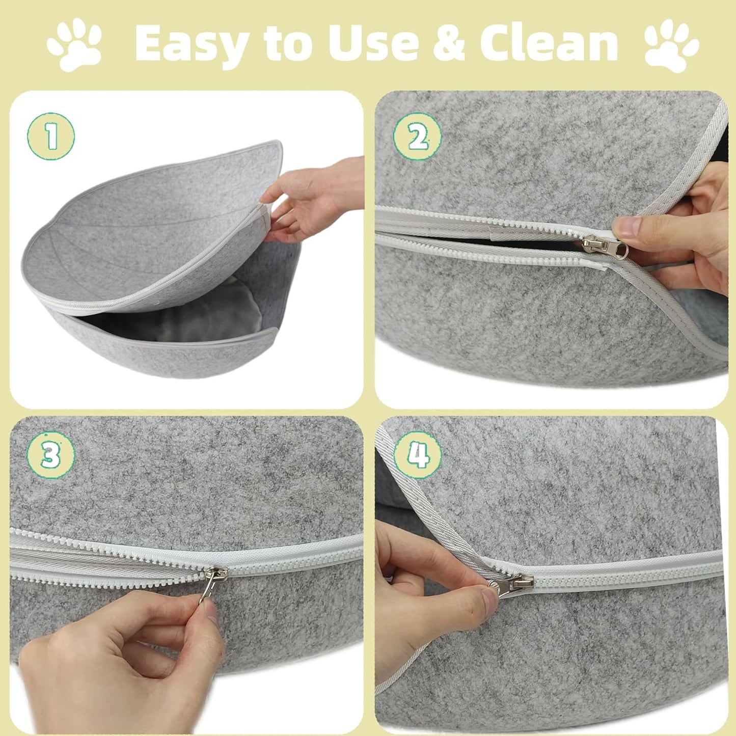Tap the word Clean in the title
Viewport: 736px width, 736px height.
coord(549,43)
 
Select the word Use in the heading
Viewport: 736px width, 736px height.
coord(374,43)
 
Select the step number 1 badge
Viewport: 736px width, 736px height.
coord(51,136)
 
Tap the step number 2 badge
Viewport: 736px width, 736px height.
coord(417,137)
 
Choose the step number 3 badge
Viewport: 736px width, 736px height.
coord(50,455)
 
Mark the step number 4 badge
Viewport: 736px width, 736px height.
coord(418,455)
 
